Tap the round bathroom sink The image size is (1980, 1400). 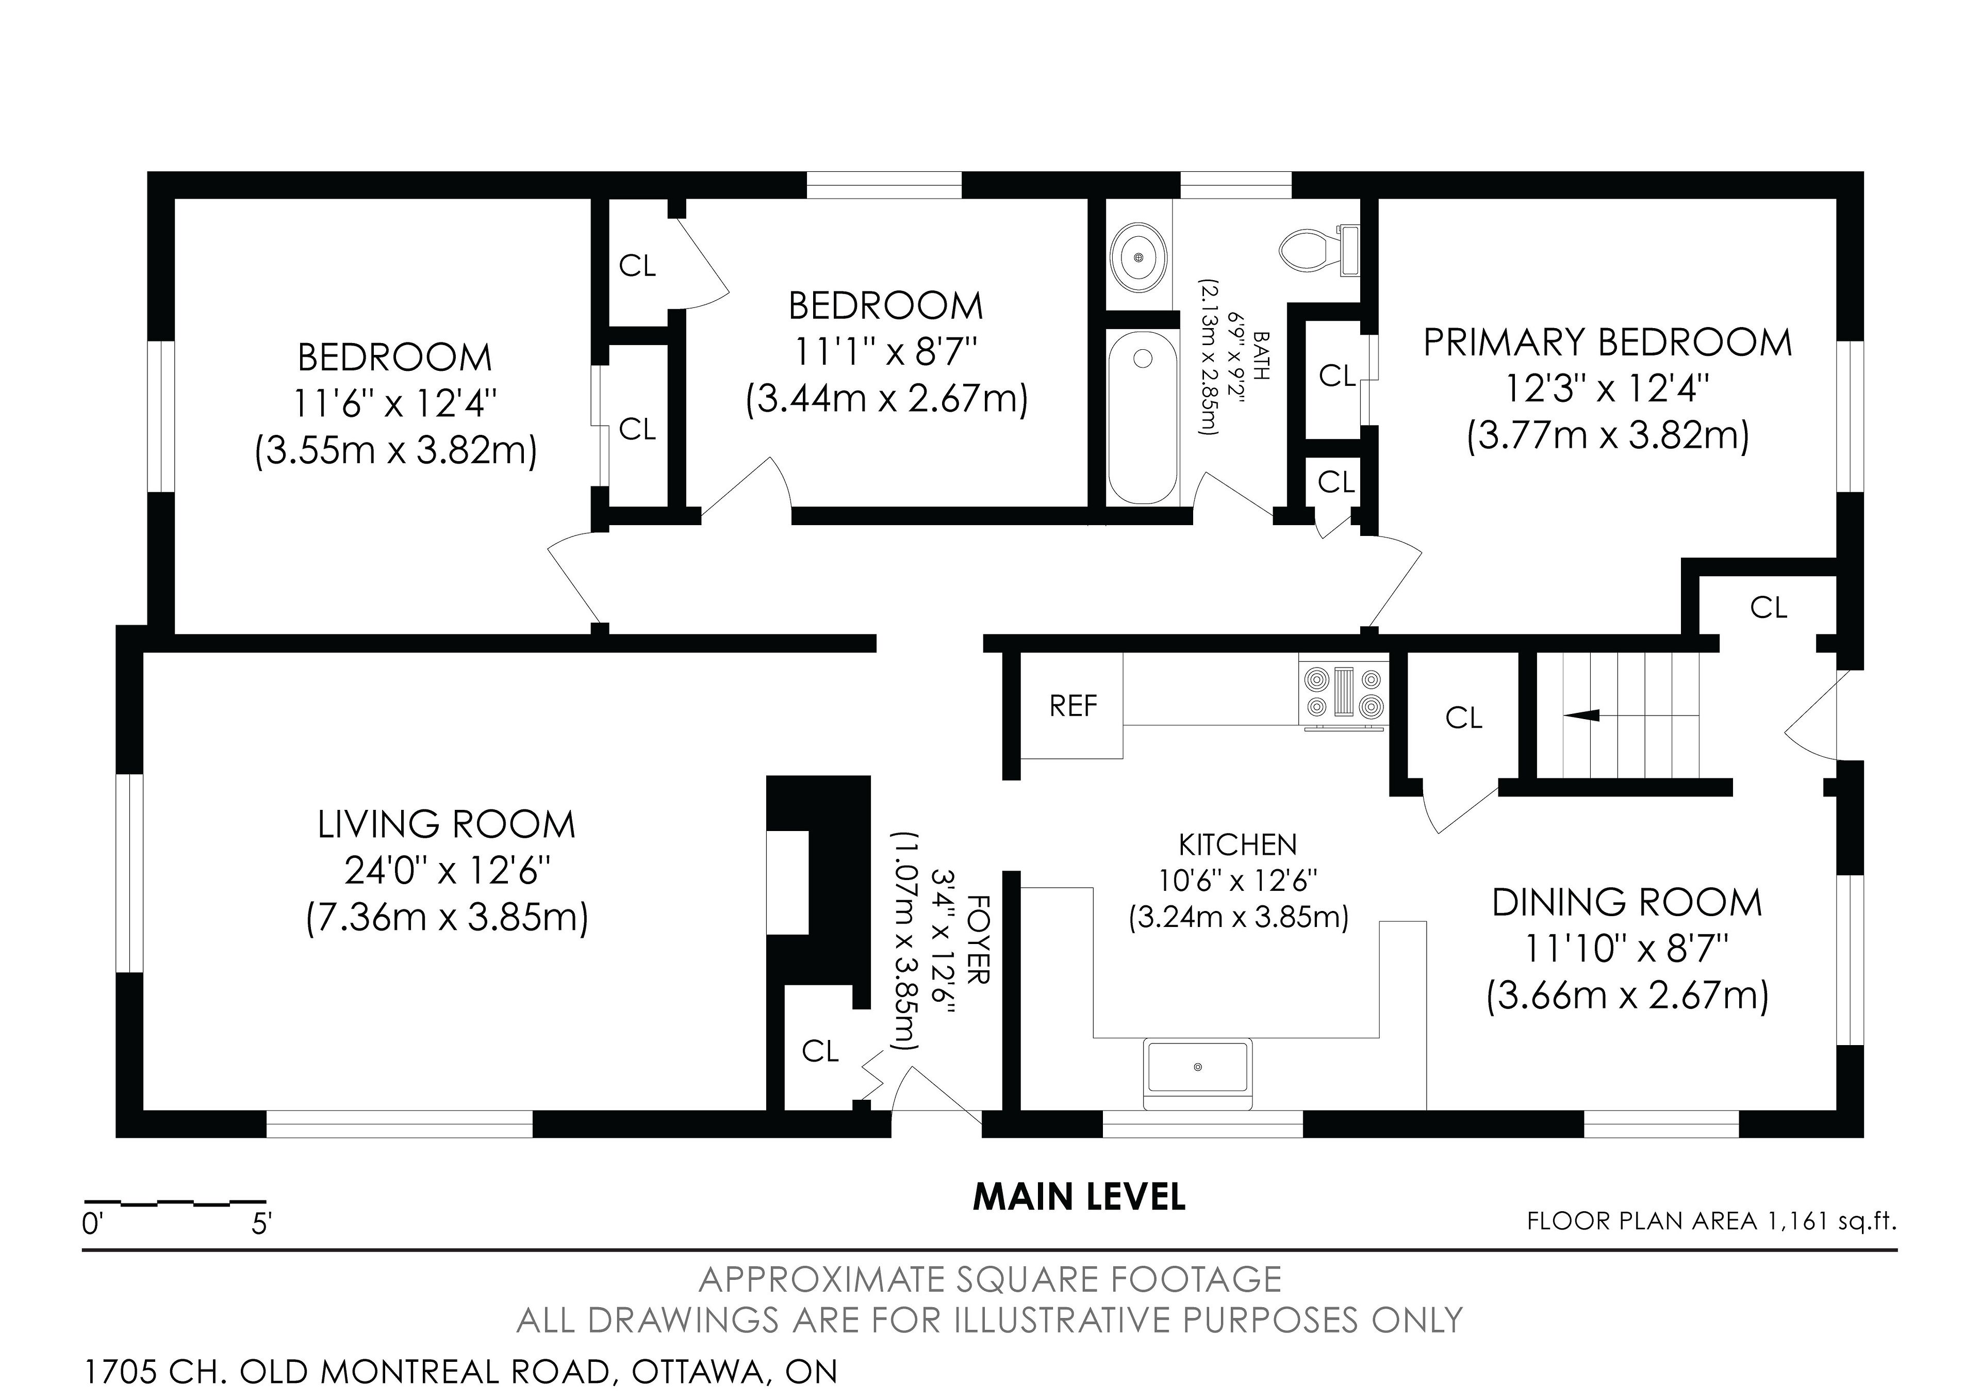pyautogui.click(x=1139, y=257)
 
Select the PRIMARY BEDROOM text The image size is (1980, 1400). pyautogui.click(x=1607, y=343)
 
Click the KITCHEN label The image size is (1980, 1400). pyautogui.click(x=1237, y=844)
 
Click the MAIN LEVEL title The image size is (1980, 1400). pyautogui.click(x=1079, y=1197)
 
